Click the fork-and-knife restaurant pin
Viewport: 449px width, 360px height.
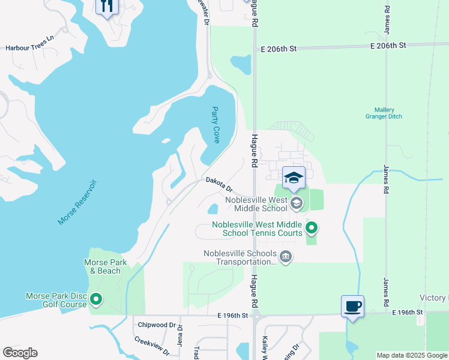point(107,7)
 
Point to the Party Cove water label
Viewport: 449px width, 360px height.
point(216,125)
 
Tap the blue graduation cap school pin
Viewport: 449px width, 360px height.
point(294,179)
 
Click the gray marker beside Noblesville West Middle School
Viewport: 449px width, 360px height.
point(295,204)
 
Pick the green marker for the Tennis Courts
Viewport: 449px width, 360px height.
point(311,228)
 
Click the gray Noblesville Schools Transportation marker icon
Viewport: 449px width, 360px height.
point(286,257)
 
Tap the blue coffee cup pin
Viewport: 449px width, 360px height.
point(352,307)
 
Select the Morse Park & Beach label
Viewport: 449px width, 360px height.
point(101,266)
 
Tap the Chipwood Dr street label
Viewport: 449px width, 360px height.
point(152,325)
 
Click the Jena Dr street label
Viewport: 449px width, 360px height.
point(179,332)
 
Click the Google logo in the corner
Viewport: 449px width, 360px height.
point(20,353)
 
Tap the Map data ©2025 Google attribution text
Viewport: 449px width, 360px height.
point(412,355)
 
